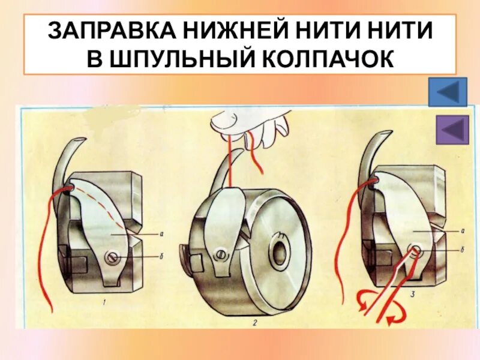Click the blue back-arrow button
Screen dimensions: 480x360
pyautogui.click(x=448, y=92)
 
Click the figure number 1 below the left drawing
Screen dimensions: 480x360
pyautogui.click(x=104, y=303)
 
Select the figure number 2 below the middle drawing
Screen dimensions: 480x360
pyautogui.click(x=255, y=325)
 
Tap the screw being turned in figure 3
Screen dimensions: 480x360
pyautogui.click(x=414, y=251)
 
